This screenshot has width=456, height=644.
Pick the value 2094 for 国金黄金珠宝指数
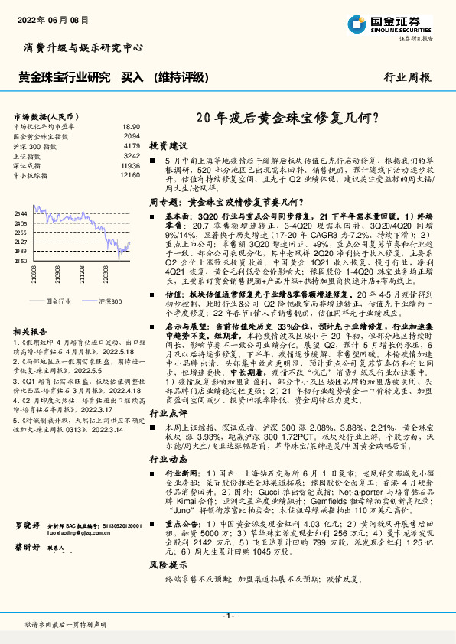(x=132, y=135)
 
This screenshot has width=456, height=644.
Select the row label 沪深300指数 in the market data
(x=35, y=145)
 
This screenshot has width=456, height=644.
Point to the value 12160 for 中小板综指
(x=130, y=175)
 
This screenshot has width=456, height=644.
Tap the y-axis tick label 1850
(x=21, y=261)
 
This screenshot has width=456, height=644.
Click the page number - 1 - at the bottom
(x=227, y=615)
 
